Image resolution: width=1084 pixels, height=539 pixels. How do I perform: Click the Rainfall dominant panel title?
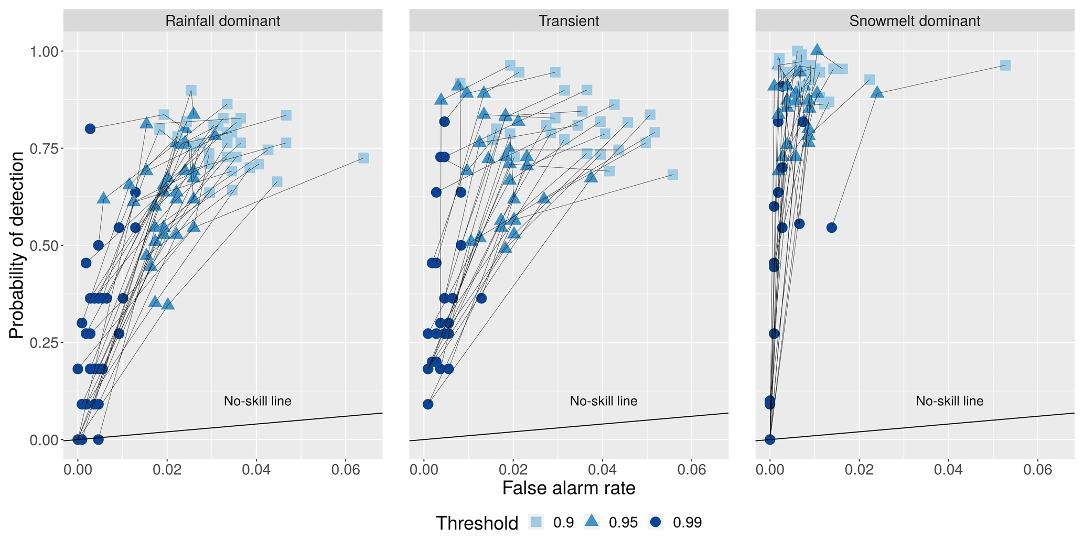pos(222,21)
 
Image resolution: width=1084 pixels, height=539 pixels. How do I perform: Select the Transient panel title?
pos(568,21)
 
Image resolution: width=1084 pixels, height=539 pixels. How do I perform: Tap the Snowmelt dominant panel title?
pos(915,21)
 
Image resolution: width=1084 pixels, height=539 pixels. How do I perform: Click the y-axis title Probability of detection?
pos(17,245)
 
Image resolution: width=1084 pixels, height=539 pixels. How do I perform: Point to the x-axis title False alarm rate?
pos(568,488)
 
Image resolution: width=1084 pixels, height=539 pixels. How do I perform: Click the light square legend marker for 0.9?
pos(535,522)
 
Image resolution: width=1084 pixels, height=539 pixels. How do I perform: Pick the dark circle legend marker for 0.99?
pos(656,522)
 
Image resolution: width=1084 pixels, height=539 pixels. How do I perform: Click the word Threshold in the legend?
pos(477,523)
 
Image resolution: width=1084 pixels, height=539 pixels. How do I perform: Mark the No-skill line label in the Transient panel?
pos(604,402)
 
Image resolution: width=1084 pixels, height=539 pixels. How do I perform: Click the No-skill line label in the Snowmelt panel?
pos(950,402)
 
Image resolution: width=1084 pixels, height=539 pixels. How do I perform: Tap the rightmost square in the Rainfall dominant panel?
pos(363,158)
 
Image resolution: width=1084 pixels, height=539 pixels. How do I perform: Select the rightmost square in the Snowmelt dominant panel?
pos(1005,65)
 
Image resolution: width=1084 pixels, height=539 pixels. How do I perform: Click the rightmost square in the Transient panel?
pos(673,175)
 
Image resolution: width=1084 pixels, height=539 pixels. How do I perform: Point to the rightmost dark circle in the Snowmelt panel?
pos(831,228)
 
